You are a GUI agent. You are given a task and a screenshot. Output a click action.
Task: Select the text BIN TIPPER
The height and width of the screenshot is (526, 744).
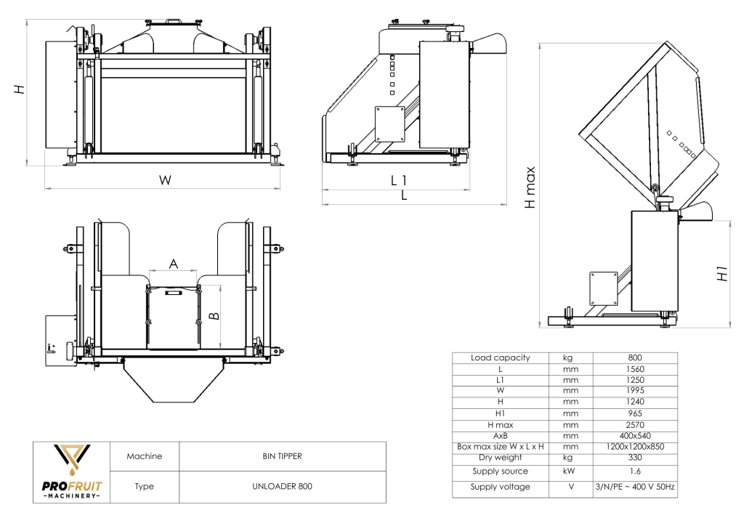pyautogui.click(x=282, y=456)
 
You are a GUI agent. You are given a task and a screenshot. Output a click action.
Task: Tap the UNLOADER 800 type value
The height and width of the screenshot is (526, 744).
pyautogui.click(x=282, y=486)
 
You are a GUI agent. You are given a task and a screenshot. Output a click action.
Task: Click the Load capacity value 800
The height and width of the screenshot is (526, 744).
pyautogui.click(x=634, y=357)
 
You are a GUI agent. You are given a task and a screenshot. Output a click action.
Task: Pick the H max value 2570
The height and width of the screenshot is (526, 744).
pyautogui.click(x=634, y=424)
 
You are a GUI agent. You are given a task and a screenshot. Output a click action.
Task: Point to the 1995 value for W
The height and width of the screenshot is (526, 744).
pyautogui.click(x=634, y=391)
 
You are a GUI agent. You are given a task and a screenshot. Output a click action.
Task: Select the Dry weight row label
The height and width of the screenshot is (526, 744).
pyautogui.click(x=500, y=458)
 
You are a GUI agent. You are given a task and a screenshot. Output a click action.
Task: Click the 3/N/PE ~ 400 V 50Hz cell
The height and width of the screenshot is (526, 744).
pyautogui.click(x=634, y=487)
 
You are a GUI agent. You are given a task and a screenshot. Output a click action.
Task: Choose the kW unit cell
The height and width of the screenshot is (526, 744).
pyautogui.click(x=570, y=472)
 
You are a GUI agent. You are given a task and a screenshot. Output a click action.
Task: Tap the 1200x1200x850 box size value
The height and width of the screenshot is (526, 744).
pyautogui.click(x=634, y=446)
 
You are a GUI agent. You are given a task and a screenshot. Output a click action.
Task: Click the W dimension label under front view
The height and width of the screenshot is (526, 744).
pyautogui.click(x=166, y=180)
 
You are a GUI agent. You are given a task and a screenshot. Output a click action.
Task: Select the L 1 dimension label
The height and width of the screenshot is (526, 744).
pyautogui.click(x=399, y=180)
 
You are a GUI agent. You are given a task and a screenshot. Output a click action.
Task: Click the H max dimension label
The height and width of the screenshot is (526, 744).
pyautogui.click(x=531, y=188)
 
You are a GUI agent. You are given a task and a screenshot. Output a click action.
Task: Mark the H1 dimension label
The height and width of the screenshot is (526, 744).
pyautogui.click(x=722, y=274)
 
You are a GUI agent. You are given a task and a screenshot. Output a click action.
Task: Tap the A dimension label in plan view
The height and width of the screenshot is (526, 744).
pyautogui.click(x=173, y=264)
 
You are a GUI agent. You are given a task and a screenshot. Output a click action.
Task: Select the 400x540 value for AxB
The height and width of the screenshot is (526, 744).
pyautogui.click(x=634, y=435)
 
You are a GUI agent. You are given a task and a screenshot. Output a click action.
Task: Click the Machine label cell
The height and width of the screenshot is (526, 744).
pyautogui.click(x=144, y=456)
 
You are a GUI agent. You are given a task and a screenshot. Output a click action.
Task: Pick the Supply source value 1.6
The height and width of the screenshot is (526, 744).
pyautogui.click(x=634, y=472)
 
